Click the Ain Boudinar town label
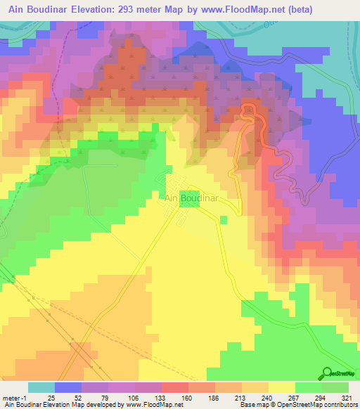191,199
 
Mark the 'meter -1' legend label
15,398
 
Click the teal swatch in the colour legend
41,387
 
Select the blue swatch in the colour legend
68,387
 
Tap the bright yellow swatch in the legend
281,387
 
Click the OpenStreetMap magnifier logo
328,372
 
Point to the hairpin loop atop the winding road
247,108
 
